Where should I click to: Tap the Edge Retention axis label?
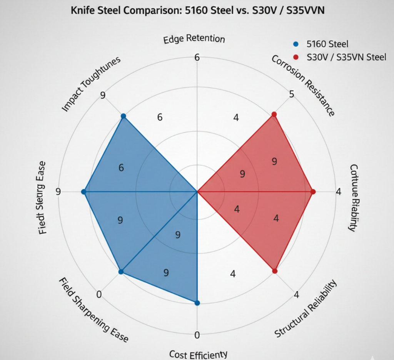194,39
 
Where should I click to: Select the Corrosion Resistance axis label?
303,85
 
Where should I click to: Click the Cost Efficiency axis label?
198,354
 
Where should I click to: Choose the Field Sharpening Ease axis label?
93,310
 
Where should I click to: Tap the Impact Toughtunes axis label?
91,84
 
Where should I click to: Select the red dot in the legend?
295,57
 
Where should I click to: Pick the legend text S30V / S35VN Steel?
346,57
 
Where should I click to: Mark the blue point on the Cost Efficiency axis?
197,303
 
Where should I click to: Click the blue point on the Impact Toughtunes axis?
123,116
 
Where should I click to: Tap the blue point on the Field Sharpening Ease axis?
121,272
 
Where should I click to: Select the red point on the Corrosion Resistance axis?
274,114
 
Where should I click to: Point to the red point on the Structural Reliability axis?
275,271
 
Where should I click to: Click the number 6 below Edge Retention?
197,58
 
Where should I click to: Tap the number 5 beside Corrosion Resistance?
292,94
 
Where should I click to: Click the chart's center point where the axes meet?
197,191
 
